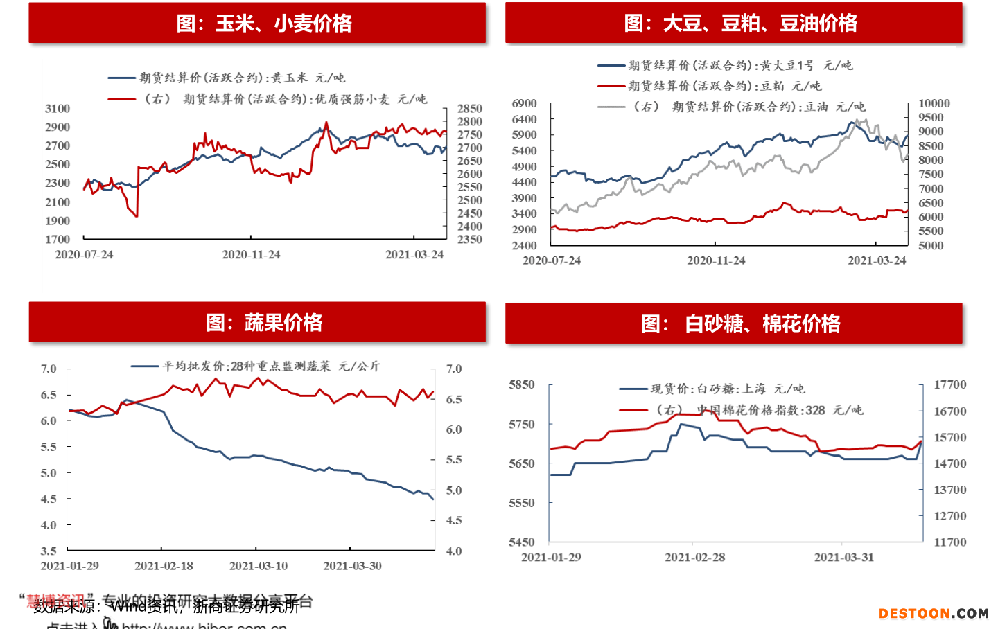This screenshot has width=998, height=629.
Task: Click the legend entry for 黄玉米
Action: click(227, 78)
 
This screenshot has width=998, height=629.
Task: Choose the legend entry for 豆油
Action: click(732, 107)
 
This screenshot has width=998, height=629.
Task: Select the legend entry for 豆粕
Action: click(710, 86)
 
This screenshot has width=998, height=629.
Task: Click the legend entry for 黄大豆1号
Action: click(725, 65)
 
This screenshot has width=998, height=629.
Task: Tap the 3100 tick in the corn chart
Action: click(58, 108)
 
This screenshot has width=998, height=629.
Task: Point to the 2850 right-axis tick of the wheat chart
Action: click(470, 108)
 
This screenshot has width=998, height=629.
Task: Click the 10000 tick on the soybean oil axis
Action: click(934, 103)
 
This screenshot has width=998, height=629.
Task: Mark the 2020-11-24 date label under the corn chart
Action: click(251, 255)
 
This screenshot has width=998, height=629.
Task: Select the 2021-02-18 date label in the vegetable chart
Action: click(164, 566)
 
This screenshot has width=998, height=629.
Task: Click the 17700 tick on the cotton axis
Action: click(949, 384)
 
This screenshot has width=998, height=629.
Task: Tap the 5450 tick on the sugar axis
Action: click(522, 542)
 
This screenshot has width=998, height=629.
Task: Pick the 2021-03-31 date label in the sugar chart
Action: click(843, 558)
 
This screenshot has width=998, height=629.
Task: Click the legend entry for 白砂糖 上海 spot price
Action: click(712, 389)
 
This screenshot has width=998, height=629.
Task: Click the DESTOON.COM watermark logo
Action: click(934, 613)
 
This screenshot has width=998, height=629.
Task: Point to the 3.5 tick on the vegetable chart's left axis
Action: click(49, 551)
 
